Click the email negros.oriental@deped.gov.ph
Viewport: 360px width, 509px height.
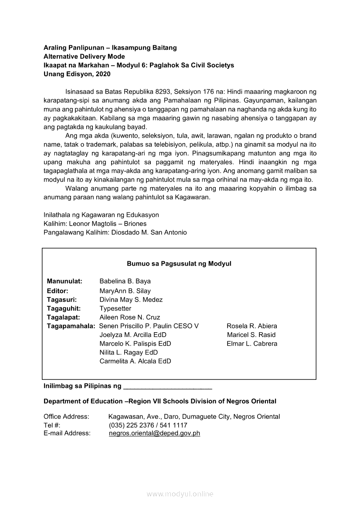click(154, 433)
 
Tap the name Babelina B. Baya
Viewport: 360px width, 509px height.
click(125, 281)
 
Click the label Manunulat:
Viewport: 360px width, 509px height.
click(65, 281)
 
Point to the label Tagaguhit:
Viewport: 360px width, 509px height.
click(64, 308)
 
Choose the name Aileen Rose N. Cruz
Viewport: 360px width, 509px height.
click(129, 317)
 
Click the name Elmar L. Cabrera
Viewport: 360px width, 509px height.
click(252, 344)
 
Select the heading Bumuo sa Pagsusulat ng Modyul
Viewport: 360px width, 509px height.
click(179, 264)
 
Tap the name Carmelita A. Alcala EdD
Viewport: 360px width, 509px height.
click(135, 361)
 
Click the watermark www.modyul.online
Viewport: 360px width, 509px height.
click(180, 494)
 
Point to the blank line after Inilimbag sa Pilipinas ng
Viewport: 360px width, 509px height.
click(168, 386)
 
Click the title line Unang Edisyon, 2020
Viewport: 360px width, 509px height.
click(77, 74)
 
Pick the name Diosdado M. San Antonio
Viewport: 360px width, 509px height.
click(149, 233)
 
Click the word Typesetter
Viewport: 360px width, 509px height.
click(115, 308)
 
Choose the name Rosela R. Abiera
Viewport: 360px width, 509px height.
click(252, 326)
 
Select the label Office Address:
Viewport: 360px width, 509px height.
click(66, 417)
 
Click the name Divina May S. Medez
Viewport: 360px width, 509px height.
click(131, 300)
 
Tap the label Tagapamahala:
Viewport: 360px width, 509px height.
click(71, 326)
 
